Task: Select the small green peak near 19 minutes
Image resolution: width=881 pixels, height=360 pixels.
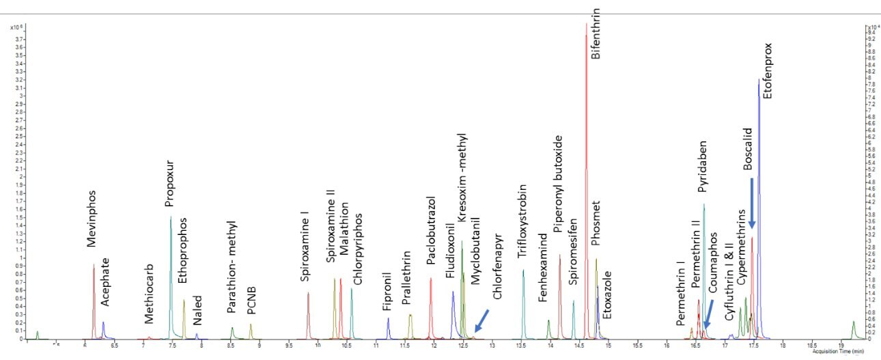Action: [x=854, y=329]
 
